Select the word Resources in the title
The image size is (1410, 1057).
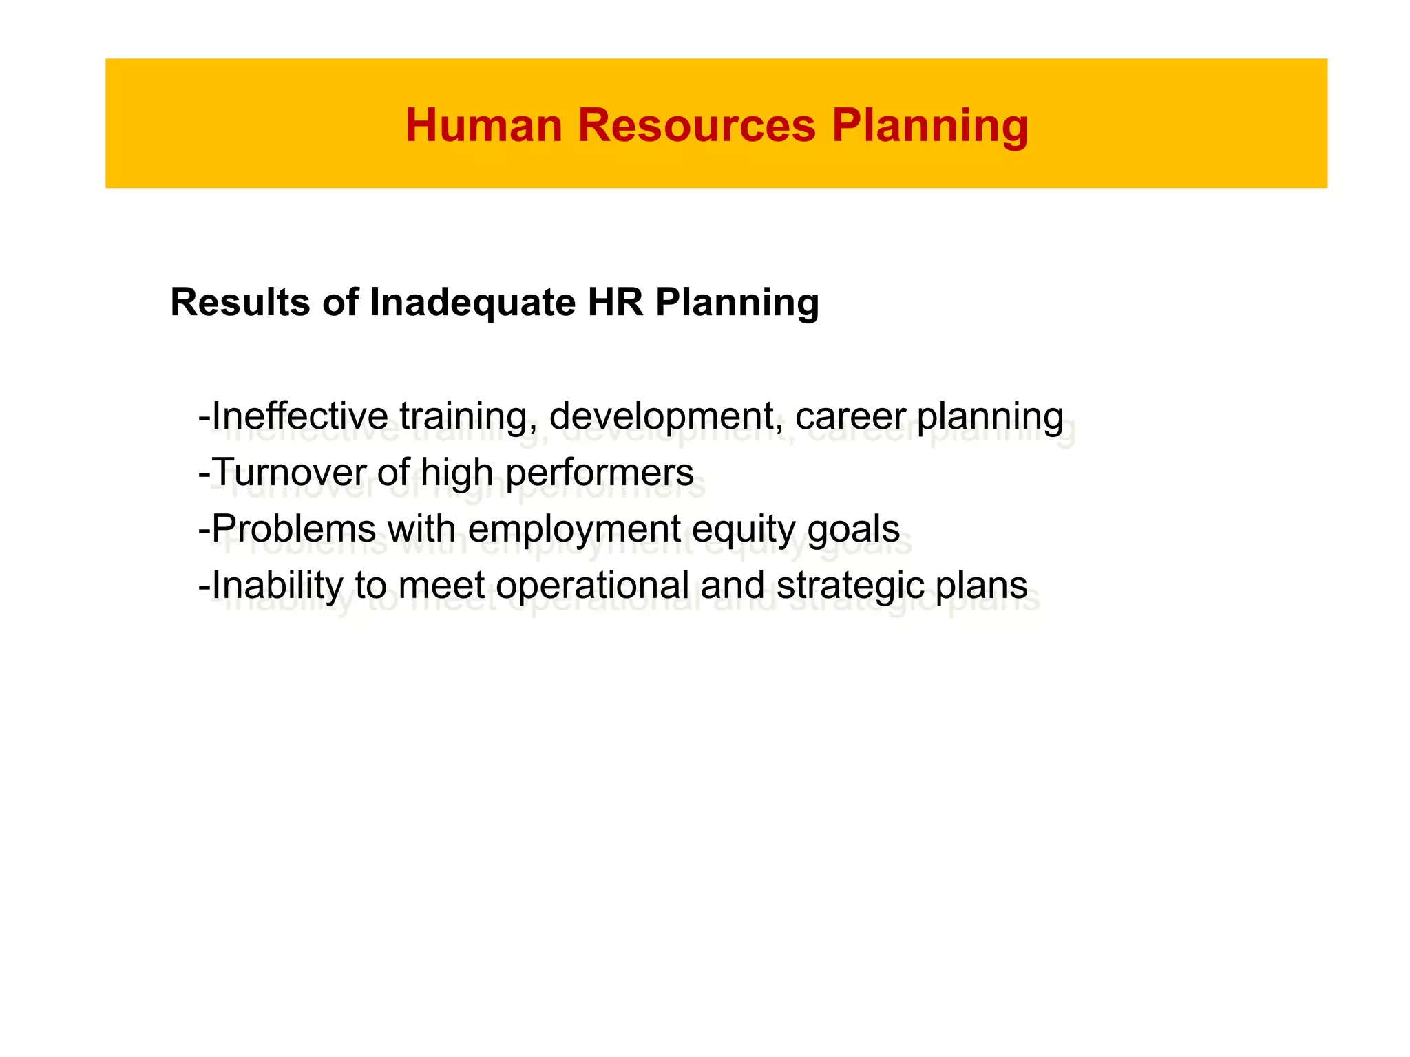coord(697,127)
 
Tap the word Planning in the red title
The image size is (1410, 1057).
coord(929,127)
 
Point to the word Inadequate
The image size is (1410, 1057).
coord(472,302)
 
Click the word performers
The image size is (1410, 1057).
coord(600,473)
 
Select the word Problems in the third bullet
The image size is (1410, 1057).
coord(294,529)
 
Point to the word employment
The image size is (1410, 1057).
coord(575,529)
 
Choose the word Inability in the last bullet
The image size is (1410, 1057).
coord(277,586)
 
